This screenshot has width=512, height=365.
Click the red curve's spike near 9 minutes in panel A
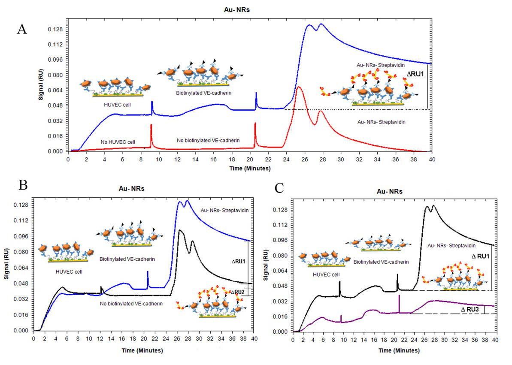click(151, 125)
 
